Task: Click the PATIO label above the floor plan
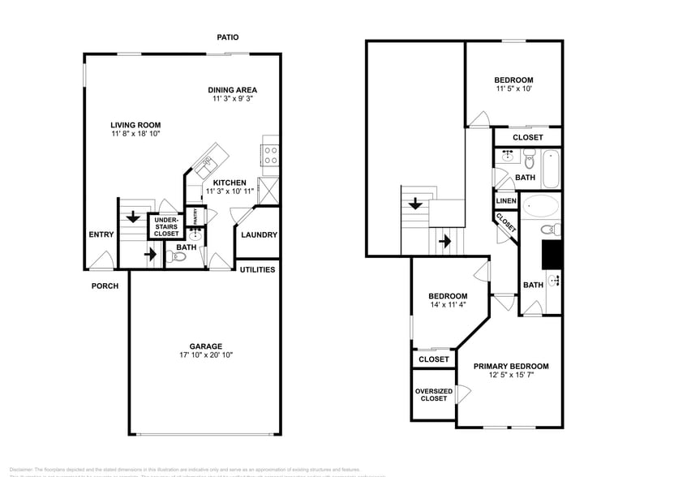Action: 227,37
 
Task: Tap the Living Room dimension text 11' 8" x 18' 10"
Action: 135,134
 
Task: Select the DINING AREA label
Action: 232,90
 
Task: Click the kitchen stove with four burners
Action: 269,154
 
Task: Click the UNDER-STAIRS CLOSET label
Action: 166,226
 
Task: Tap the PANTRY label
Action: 195,216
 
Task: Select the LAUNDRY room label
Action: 259,235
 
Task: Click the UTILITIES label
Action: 257,269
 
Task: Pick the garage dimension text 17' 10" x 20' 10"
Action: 205,355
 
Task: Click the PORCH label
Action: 105,286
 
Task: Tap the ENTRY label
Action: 101,235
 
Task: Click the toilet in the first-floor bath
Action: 178,257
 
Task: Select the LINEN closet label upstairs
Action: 504,200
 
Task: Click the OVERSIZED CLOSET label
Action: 433,395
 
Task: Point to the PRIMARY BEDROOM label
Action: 511,366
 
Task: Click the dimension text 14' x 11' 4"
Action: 448,306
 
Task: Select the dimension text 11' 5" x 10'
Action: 513,89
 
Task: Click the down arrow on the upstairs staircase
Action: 415,204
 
